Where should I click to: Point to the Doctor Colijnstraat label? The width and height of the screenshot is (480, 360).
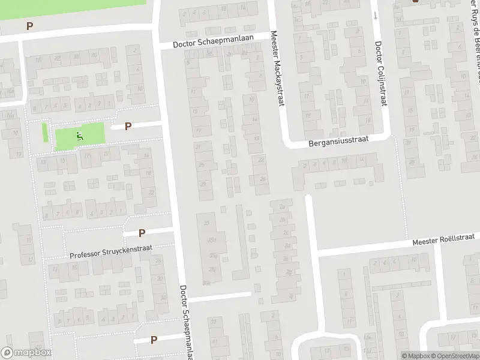click(379, 74)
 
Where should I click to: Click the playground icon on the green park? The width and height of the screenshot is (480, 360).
click(80, 137)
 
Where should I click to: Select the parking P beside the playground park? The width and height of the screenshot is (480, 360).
click(128, 126)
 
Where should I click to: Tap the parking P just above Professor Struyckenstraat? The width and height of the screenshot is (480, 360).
click(142, 233)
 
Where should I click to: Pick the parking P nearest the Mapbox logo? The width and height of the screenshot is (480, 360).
click(154, 340)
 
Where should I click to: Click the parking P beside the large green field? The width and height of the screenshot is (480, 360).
click(29, 26)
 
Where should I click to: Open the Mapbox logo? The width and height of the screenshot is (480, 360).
click(26, 353)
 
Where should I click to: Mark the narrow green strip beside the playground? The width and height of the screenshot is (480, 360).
click(45, 132)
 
